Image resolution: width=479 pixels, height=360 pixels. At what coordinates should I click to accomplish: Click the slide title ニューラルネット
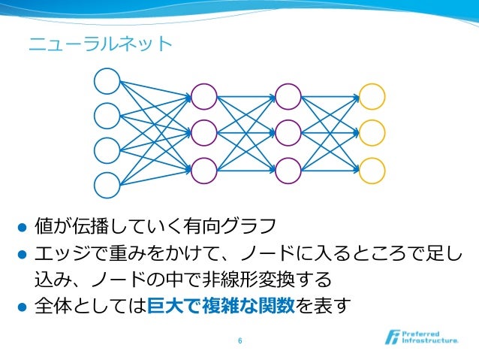tap(100, 44)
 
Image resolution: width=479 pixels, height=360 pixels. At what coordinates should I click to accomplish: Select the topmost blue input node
tap(107, 81)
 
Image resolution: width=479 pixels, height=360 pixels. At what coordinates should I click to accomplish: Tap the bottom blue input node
tap(107, 184)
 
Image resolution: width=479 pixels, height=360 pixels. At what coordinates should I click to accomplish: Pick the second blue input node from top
tap(107, 116)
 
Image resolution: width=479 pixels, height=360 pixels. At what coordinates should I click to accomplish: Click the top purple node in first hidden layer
tap(203, 95)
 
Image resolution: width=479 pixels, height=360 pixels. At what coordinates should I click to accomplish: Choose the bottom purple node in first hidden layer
tap(203, 169)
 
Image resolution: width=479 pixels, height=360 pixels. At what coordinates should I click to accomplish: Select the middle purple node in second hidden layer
tap(288, 132)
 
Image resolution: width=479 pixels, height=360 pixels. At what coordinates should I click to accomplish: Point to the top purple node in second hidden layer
tap(288, 95)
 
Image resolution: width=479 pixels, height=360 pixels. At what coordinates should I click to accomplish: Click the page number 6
tap(239, 341)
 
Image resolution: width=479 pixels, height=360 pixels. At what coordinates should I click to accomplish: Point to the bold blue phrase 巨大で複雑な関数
tap(222, 307)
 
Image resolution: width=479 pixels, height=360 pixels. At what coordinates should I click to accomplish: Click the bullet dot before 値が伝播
tap(22, 226)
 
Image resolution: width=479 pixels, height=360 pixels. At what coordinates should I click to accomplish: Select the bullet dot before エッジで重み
tap(22, 254)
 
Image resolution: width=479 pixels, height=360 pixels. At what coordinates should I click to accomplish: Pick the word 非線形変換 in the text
tap(254, 280)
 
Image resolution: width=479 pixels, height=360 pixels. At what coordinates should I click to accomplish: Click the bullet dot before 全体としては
tap(22, 307)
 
